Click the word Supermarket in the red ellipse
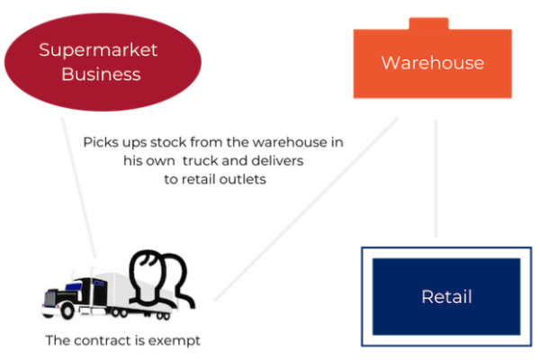click(98, 49)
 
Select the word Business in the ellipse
click(101, 74)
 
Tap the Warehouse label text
click(432, 63)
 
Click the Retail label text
click(446, 296)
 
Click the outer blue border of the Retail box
click(362, 296)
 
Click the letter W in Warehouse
click(390, 63)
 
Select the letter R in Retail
click(426, 296)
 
